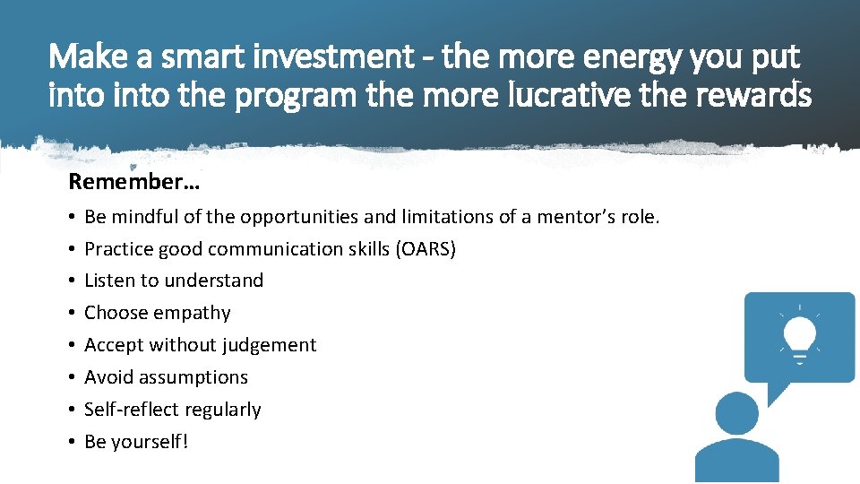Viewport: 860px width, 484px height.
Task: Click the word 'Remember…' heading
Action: pyautogui.click(x=134, y=182)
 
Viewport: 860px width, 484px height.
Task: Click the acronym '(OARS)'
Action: pyautogui.click(x=425, y=248)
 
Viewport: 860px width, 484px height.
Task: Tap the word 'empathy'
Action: pyautogui.click(x=192, y=313)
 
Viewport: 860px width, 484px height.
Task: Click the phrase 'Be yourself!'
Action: pyautogui.click(x=136, y=442)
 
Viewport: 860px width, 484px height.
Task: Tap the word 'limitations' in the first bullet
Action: pyautogui.click(x=452, y=216)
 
